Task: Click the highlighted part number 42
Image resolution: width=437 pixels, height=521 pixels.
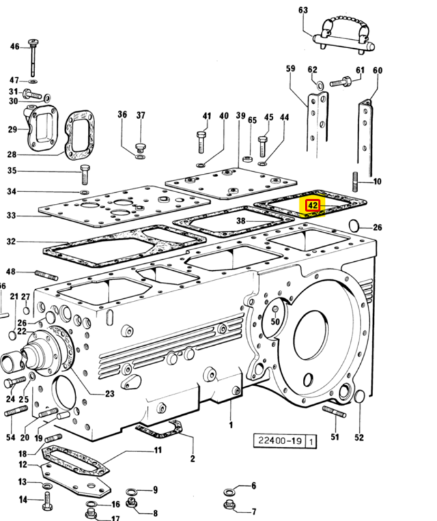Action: click(x=313, y=205)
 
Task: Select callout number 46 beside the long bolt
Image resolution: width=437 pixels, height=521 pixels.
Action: click(x=15, y=46)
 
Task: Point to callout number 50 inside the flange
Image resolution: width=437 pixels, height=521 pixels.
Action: click(x=275, y=321)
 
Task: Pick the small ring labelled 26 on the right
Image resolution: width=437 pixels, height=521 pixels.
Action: click(x=355, y=226)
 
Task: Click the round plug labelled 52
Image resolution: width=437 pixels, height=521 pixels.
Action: click(x=359, y=397)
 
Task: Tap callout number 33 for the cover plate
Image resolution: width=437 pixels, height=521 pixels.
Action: click(x=11, y=216)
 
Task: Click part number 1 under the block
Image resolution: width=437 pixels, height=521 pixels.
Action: click(x=230, y=426)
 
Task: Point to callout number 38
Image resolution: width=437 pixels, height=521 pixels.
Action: click(x=240, y=221)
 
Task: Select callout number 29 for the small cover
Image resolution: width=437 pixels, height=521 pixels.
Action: click(x=12, y=129)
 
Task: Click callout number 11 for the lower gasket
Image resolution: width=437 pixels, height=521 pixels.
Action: click(x=158, y=451)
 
